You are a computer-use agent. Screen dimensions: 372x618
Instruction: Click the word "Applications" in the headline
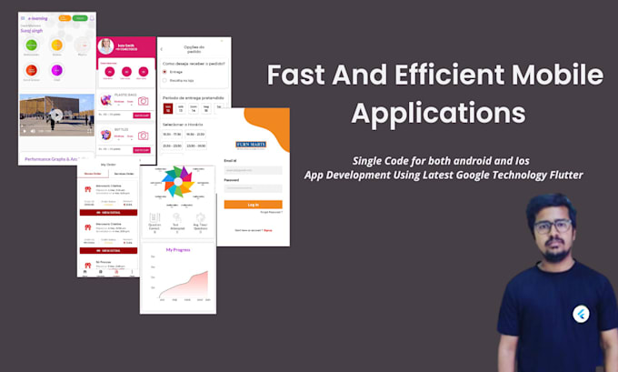[x=438, y=113]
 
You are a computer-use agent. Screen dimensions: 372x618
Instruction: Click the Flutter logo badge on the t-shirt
[x=580, y=314]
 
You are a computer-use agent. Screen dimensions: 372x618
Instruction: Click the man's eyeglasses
[x=550, y=226]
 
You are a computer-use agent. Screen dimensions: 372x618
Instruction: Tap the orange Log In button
[x=253, y=205]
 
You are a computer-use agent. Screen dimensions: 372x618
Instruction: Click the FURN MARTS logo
[x=251, y=145]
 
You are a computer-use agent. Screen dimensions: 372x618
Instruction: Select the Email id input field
[x=253, y=170]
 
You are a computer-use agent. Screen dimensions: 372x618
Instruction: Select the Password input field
[x=253, y=188]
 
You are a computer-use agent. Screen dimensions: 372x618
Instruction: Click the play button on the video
[x=56, y=115]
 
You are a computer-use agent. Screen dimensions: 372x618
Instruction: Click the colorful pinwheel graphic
[x=177, y=182]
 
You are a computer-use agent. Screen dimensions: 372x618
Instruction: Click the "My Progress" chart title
[x=177, y=248]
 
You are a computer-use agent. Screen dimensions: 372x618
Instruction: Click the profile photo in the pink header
[x=106, y=45]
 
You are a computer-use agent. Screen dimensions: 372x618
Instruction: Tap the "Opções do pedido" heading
[x=193, y=48]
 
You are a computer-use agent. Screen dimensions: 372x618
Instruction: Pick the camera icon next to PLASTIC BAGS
[x=143, y=101]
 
